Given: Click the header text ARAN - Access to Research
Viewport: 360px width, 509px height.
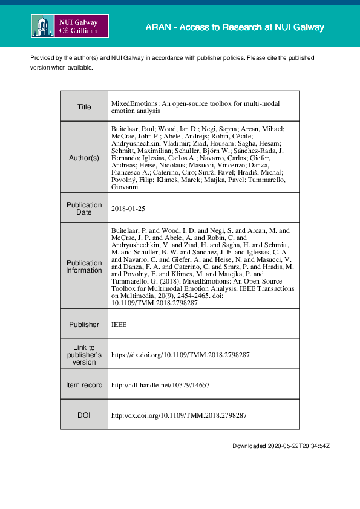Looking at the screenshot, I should [235, 28].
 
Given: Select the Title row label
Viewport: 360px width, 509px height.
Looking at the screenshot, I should [84, 107].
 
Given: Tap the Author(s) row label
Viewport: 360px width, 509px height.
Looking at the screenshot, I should [84, 158].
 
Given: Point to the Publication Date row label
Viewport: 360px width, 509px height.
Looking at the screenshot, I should [84, 209].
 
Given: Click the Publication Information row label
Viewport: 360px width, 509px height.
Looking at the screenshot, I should [84, 267].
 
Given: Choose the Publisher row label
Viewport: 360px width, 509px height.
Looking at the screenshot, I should [84, 325].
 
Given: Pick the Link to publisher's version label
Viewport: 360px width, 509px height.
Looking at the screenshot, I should [84, 355].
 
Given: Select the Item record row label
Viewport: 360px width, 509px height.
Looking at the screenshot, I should [84, 385].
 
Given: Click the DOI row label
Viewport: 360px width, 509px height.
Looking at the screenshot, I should [84, 416].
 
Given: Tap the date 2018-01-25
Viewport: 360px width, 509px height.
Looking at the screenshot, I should [129, 209].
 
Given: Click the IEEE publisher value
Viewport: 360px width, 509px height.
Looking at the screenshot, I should [119, 325].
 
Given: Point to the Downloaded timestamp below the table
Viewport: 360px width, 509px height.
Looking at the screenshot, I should [281, 446].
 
